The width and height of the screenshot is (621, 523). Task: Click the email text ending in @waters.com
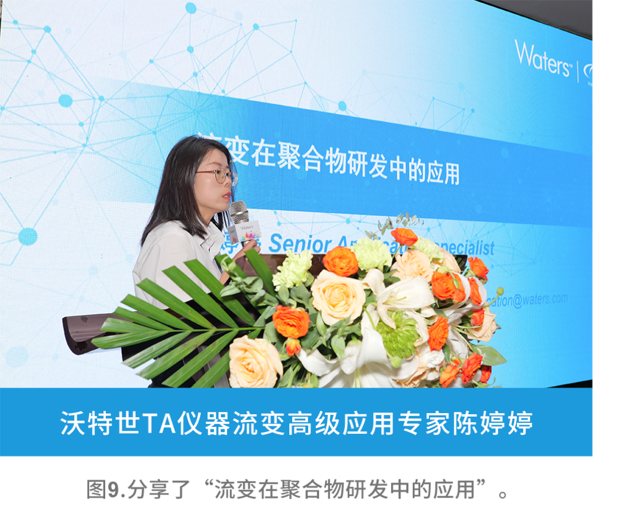[x=529, y=300]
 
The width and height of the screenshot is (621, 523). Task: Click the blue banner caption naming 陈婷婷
[x=296, y=423]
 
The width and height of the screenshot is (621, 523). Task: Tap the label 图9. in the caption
[x=105, y=490]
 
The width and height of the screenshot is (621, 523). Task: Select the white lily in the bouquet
[x=405, y=293]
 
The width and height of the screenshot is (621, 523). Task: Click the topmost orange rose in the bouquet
[x=404, y=236]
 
